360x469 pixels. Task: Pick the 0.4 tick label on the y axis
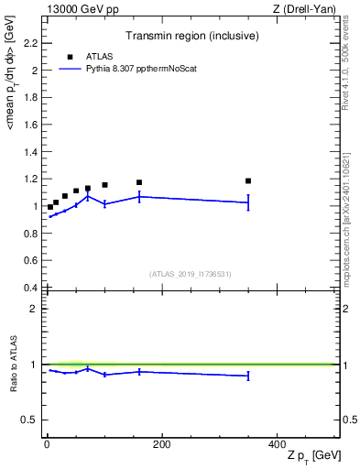pyautogui.click(x=30, y=288)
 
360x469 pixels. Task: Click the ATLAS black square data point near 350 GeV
pyautogui.click(x=248, y=180)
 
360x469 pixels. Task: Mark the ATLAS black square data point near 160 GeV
pyautogui.click(x=139, y=182)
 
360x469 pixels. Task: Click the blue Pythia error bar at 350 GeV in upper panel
pyautogui.click(x=248, y=202)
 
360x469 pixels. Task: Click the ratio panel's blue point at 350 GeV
pyautogui.click(x=248, y=376)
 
